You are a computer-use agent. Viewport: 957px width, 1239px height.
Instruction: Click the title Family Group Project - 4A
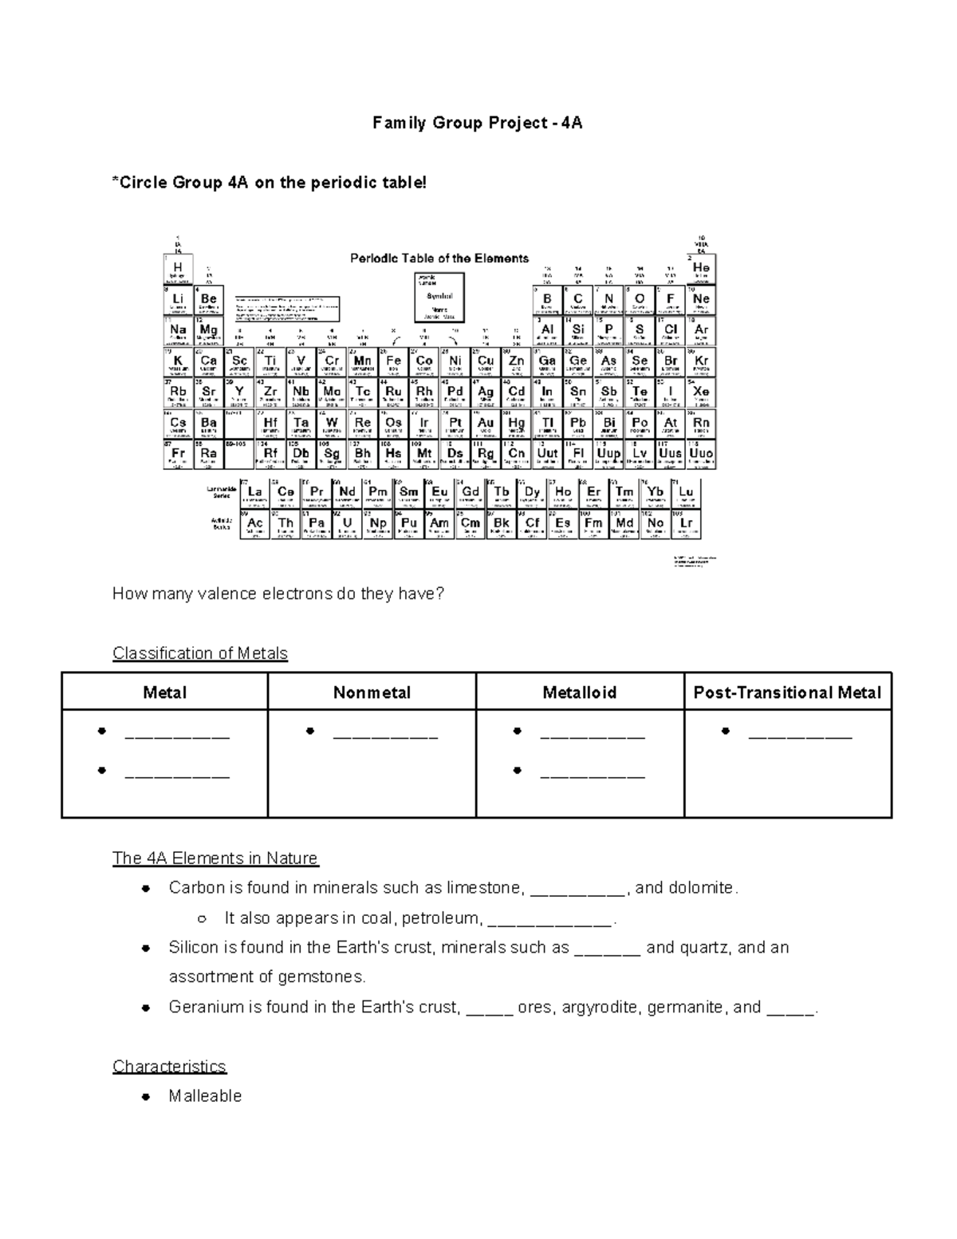478,123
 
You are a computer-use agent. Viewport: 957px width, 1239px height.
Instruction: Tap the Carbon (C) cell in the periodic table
577,300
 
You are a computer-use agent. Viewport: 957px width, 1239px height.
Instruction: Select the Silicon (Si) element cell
577,330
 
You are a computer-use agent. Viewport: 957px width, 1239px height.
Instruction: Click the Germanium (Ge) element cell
577,361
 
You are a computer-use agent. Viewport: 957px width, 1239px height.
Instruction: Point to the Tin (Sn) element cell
577,393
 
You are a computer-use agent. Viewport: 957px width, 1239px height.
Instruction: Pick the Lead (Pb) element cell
577,424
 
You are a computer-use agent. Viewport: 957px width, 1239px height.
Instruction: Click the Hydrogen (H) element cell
178,269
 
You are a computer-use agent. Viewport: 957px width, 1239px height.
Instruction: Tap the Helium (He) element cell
701,269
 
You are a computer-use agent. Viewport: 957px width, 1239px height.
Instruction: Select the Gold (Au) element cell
486,424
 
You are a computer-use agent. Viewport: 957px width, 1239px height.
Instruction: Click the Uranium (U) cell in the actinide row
347,524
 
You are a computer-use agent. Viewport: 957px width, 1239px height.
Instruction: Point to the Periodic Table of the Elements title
439,258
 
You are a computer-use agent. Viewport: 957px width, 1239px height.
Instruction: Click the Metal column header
164,692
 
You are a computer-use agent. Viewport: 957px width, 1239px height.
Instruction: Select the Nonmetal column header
372,692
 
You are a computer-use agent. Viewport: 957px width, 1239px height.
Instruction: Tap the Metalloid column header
580,692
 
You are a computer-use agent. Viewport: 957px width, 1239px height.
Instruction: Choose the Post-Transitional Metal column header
787,692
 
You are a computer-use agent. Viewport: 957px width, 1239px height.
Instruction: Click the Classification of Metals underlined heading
200,653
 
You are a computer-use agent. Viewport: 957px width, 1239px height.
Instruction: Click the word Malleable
205,1096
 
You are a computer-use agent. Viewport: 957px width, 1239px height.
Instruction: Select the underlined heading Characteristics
169,1067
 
